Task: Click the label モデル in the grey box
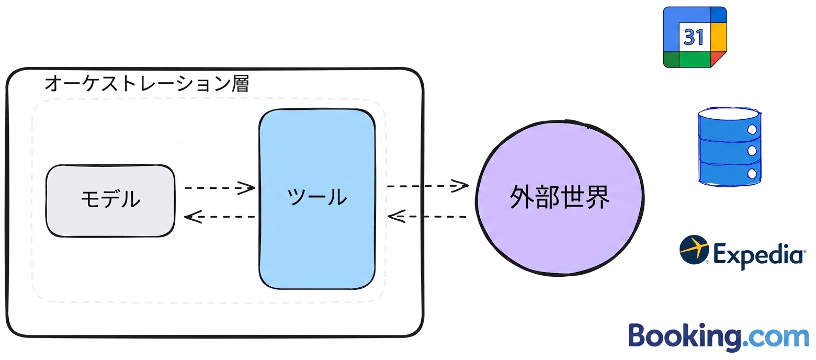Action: click(110, 199)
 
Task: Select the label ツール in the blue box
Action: click(317, 197)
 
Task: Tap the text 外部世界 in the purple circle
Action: click(560, 197)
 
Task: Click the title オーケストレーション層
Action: click(147, 83)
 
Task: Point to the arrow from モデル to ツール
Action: click(220, 188)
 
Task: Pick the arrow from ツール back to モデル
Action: click(220, 217)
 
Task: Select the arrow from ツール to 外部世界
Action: click(428, 186)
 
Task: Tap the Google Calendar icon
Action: click(695, 37)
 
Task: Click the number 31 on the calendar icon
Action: click(694, 37)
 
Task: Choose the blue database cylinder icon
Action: click(729, 147)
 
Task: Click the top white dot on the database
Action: click(752, 130)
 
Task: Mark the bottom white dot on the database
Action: click(752, 174)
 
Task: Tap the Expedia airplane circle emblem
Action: click(694, 250)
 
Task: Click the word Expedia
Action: click(758, 255)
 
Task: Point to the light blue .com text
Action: click(776, 338)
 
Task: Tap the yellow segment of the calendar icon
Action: click(719, 37)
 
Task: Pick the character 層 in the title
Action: click(240, 83)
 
